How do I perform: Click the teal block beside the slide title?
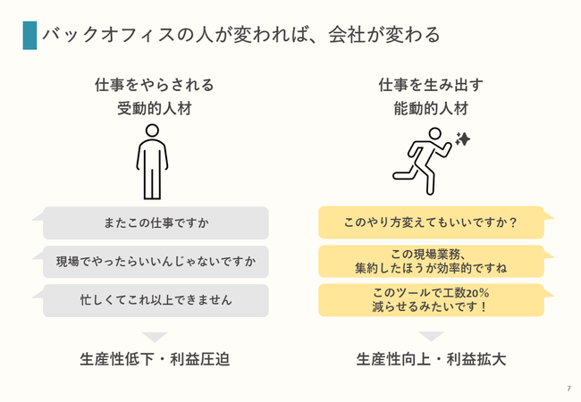(x=29, y=36)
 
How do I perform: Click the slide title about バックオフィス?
(x=241, y=35)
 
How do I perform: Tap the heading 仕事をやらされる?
(x=155, y=85)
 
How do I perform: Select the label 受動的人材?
(x=155, y=109)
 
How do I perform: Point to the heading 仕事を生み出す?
(x=431, y=85)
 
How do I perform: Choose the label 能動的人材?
(x=431, y=109)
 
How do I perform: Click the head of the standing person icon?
(x=152, y=130)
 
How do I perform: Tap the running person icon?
(x=423, y=161)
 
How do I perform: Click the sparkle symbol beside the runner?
(x=463, y=139)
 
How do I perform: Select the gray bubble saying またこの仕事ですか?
(x=156, y=222)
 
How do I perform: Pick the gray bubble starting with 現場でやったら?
(x=156, y=262)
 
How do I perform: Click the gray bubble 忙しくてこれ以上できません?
(x=156, y=300)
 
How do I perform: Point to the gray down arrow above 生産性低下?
(x=155, y=337)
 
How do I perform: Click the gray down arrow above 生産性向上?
(x=431, y=336)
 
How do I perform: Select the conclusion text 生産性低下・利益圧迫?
(x=155, y=359)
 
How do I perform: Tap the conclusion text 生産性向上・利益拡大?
(x=431, y=359)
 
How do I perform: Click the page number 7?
(x=569, y=389)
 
